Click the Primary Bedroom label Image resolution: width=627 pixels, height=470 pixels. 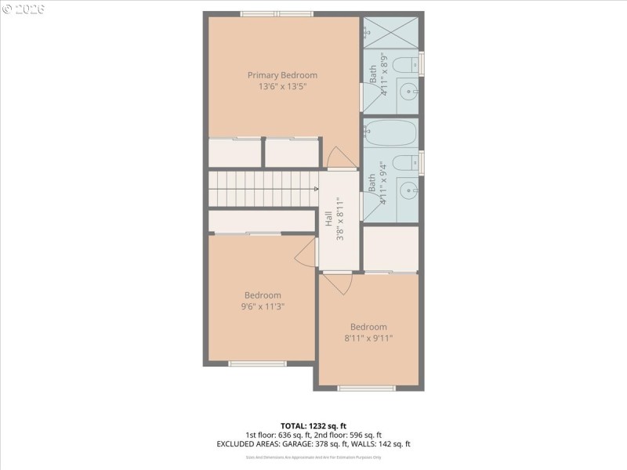click(282, 75)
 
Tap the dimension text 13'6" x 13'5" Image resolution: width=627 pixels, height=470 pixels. click(282, 87)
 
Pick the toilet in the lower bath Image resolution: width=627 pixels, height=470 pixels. click(404, 163)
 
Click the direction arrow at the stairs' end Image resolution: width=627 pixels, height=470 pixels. click(316, 189)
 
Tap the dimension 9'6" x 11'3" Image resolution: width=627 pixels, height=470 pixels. click(262, 307)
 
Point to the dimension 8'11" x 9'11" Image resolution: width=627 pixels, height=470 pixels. click(368, 338)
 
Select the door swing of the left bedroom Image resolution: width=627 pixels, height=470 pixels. click(306, 252)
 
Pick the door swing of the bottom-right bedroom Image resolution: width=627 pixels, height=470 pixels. click(335, 283)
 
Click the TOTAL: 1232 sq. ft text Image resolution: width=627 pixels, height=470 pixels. click(313, 425)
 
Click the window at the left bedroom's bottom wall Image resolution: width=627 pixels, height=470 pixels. click(257, 363)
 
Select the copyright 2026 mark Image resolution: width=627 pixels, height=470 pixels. click(24, 9)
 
